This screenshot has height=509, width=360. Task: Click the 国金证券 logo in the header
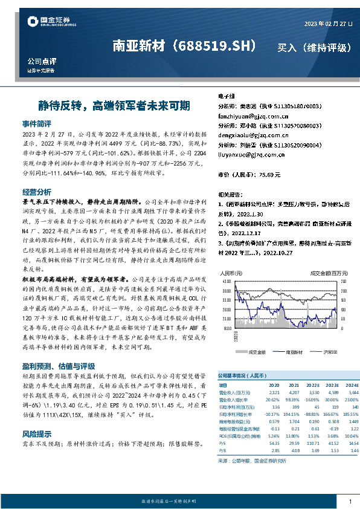51,23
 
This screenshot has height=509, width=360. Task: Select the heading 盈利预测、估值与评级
58,366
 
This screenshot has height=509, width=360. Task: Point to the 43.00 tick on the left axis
227,282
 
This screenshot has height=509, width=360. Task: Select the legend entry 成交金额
257,351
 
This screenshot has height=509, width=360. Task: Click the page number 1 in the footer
350,502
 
